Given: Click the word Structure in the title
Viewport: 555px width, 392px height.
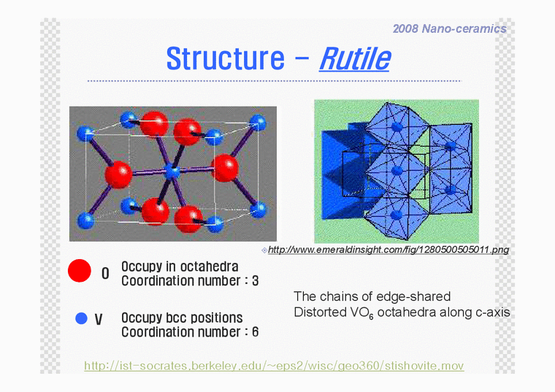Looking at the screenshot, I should click(225, 58).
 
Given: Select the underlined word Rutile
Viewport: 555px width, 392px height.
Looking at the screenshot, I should click(354, 58).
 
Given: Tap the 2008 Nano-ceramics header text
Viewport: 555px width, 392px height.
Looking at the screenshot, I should click(449, 28).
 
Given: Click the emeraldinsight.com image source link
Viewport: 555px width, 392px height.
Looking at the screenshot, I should click(388, 250).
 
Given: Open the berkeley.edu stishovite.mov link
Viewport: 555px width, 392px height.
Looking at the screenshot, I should click(274, 365).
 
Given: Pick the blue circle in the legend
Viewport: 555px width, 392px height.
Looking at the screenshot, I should click(82, 318).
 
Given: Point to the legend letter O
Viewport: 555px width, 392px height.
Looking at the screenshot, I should click(105, 274).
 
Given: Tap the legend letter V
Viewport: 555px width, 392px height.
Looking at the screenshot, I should click(99, 320).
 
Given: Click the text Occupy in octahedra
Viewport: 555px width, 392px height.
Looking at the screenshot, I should click(180, 267).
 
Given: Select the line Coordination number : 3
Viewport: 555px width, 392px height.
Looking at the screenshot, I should click(189, 281).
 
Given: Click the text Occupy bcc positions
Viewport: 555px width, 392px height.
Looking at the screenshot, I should click(182, 318).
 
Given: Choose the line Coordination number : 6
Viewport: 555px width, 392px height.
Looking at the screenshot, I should click(189, 332).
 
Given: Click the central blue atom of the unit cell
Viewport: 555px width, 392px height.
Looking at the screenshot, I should click(172, 172).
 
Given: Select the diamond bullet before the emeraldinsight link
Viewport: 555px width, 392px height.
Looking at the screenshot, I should click(264, 250).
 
